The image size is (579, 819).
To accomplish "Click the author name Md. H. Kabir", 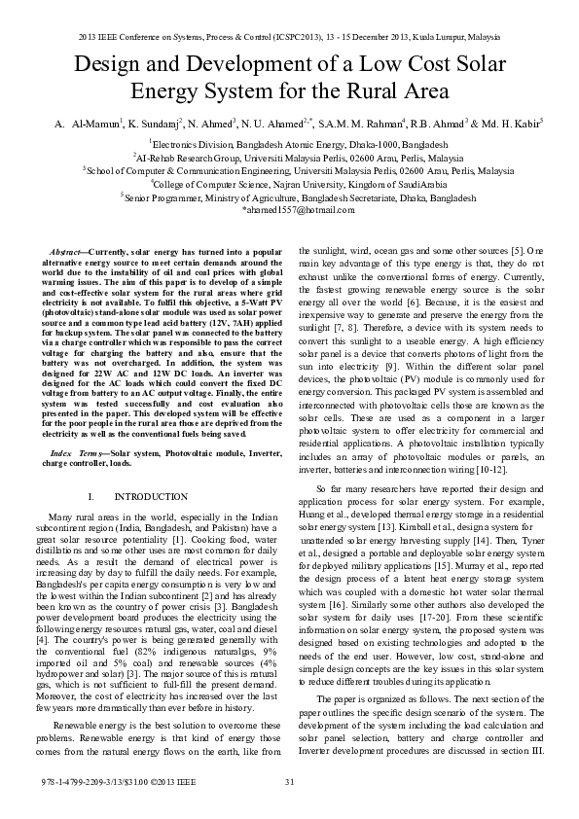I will pos(512,125).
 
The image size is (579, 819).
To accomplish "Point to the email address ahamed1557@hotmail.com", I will pos(291,209).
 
